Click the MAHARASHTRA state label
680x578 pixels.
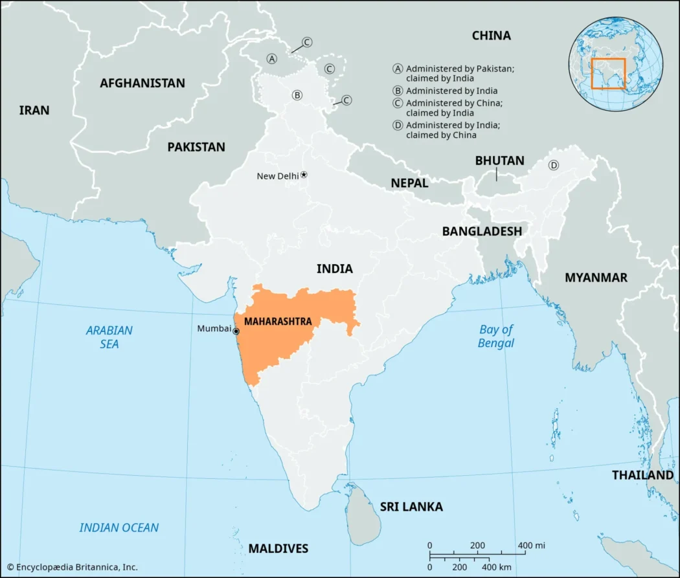278,322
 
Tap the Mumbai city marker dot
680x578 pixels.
236,331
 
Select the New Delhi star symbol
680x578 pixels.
304,175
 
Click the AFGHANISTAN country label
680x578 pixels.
142,83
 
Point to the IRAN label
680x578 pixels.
34,110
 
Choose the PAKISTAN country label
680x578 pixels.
196,147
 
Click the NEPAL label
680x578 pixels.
409,183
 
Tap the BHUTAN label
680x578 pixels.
499,161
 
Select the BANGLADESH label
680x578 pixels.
482,231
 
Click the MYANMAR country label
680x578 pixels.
596,277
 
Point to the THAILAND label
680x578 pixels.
642,475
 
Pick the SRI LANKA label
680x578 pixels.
411,506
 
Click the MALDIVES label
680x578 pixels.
278,548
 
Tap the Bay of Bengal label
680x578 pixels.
496,336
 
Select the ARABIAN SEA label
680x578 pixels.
109,337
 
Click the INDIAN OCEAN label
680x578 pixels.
119,528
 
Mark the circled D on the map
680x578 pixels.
554,165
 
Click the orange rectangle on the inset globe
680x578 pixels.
608,74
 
